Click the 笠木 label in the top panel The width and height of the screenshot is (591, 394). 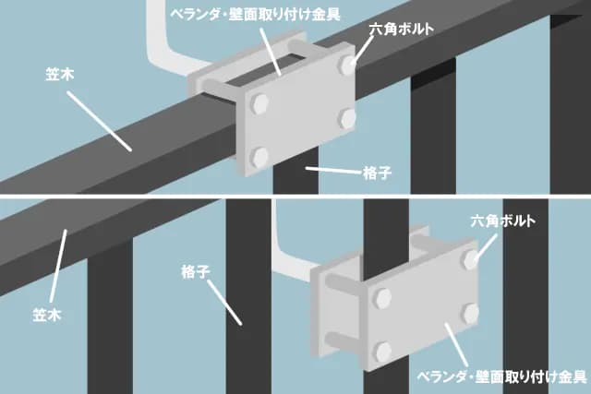tap(59, 74)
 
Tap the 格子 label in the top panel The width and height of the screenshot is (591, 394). tap(378, 173)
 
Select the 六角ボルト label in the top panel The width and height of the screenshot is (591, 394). tap(402, 29)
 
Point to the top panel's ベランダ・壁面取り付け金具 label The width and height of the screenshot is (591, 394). tap(255, 15)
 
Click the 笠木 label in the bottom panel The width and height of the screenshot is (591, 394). tap(47, 315)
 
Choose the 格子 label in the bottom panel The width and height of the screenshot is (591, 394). tap(196, 271)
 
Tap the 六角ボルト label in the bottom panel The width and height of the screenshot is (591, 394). tap(502, 221)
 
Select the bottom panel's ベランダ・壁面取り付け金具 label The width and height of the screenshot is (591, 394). tap(501, 376)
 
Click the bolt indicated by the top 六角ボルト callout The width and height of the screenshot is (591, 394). tap(347, 64)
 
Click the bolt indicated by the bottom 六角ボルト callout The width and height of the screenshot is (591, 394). tap(471, 260)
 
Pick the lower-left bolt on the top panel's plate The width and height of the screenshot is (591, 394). tap(259, 156)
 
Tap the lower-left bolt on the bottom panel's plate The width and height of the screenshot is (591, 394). tap(383, 351)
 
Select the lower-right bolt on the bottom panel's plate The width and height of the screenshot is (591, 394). tap(471, 314)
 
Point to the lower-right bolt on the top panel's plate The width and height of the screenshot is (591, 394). tap(347, 118)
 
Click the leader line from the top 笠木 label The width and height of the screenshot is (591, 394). tap(100, 121)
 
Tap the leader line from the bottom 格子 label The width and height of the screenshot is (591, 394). tap(224, 302)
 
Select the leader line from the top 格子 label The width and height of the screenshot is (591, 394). tap(333, 171)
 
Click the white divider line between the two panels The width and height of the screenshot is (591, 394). tap(295, 197)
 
